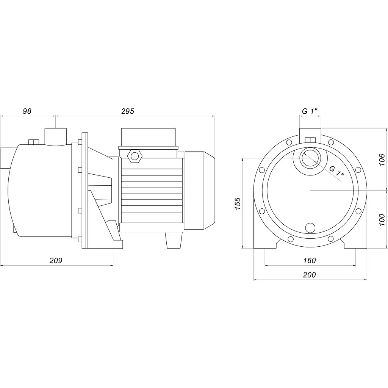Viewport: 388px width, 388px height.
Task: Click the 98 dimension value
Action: click(x=27, y=111)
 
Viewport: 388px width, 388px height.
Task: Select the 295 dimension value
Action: click(x=127, y=111)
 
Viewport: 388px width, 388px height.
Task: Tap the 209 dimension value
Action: click(x=56, y=260)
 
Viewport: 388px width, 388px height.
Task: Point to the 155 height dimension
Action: click(x=238, y=203)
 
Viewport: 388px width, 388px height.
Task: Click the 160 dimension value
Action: click(x=310, y=260)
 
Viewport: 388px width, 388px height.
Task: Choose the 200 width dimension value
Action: click(x=309, y=275)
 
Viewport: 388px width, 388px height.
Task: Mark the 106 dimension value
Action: click(x=382, y=160)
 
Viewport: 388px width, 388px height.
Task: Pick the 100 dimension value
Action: click(x=382, y=220)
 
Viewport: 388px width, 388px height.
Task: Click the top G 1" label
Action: click(x=310, y=111)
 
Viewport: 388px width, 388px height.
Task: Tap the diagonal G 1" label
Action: click(x=337, y=171)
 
